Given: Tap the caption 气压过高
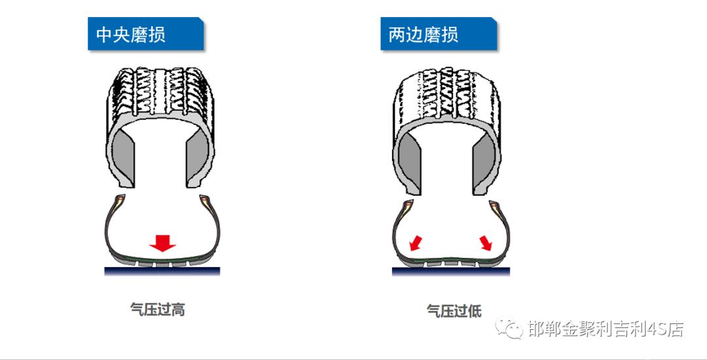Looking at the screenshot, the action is [157, 310].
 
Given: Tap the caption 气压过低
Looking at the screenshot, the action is [454, 310].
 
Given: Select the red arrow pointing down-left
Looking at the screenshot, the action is [415, 243].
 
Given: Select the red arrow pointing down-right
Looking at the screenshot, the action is [486, 243].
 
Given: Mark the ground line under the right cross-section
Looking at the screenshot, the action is [450, 272].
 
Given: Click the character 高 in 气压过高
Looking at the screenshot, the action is [177, 310].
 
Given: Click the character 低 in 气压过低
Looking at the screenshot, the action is [474, 310].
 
